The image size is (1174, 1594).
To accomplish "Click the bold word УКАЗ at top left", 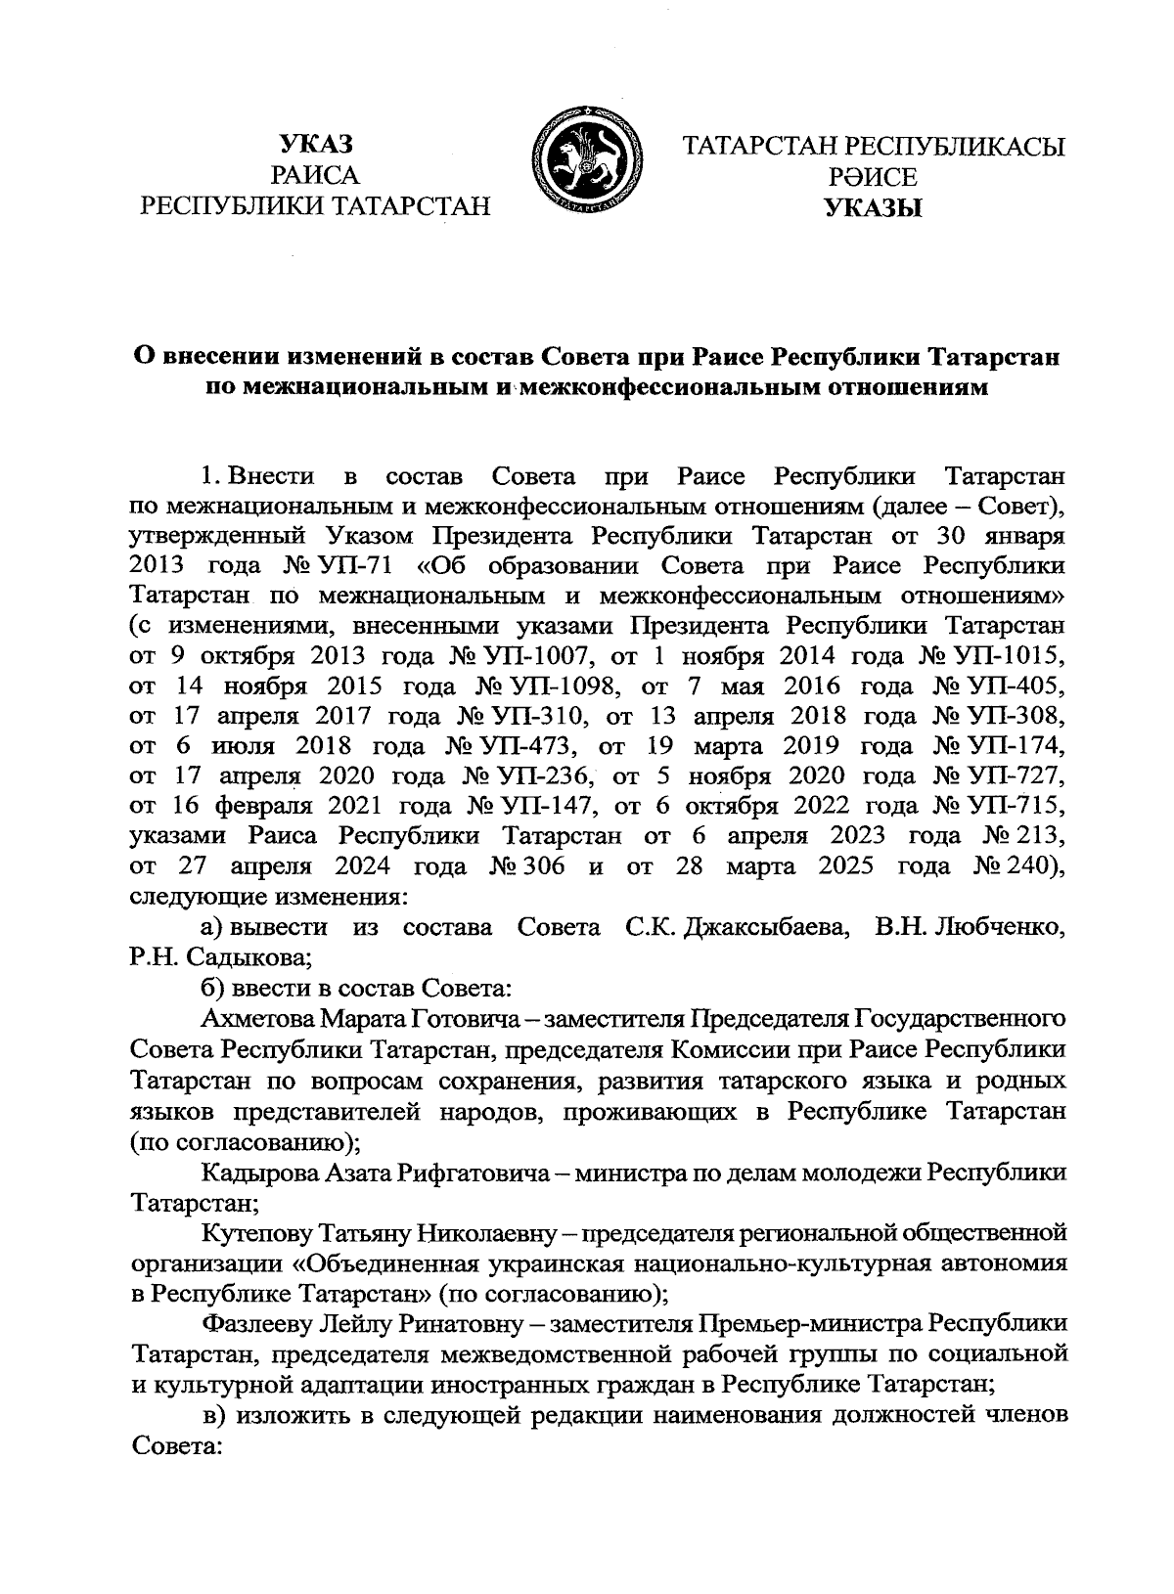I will pyautogui.click(x=315, y=145).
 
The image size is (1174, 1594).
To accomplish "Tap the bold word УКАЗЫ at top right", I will pyautogui.click(x=873, y=208).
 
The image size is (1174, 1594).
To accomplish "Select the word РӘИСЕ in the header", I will pyautogui.click(x=873, y=177).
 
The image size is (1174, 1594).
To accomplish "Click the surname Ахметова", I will pyautogui.click(x=256, y=1018).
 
